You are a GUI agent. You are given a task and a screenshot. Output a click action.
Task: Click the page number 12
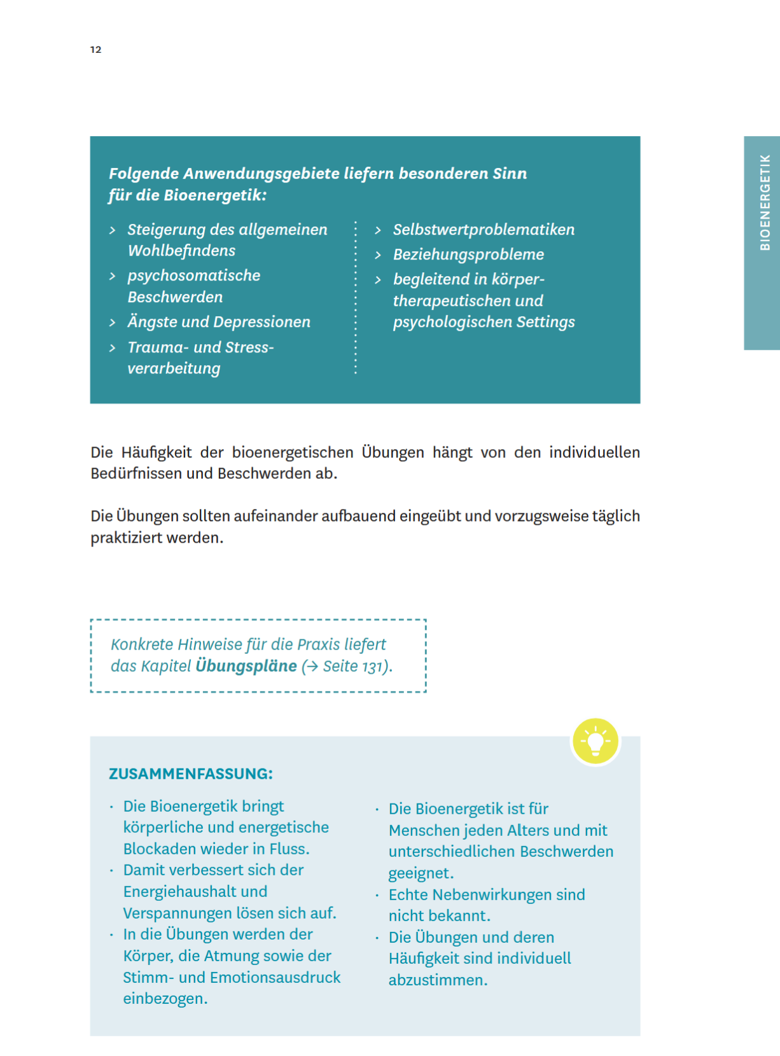pos(95,50)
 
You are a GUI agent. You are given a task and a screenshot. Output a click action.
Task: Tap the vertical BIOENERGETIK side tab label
pos(765,202)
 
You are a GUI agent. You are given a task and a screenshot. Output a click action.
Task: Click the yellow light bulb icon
pos(595,741)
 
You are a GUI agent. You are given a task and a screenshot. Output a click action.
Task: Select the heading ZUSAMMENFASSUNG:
pos(190,774)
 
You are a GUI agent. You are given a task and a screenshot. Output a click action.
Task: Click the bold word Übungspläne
pos(246,666)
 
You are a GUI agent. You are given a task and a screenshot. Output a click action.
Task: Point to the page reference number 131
pos(372,667)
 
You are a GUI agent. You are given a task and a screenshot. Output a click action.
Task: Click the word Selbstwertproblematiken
pos(484,230)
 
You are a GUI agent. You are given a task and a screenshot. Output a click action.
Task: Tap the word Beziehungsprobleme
pos(468,254)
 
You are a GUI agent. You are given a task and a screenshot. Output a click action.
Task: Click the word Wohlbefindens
pos(181,251)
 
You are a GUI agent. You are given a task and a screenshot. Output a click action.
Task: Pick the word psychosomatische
pos(193,275)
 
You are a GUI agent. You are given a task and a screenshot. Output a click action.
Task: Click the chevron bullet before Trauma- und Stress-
pos(113,348)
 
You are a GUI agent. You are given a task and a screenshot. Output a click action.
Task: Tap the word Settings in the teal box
pos(545,322)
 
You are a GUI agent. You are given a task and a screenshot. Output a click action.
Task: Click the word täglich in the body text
pos(616,516)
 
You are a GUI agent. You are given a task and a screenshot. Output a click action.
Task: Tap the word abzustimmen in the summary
pos(437,980)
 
